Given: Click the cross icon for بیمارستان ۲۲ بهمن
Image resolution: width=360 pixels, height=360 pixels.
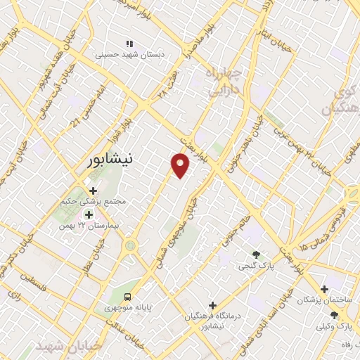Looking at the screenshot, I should tap(89, 214).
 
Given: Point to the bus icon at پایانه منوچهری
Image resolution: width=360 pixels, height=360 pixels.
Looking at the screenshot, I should tap(127, 296).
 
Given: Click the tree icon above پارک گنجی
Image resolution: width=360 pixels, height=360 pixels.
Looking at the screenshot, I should tap(255, 255).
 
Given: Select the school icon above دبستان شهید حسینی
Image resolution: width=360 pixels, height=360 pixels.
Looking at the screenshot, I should tap(129, 44).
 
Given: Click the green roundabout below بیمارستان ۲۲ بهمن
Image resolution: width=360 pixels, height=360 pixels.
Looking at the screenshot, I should tap(131, 246).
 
